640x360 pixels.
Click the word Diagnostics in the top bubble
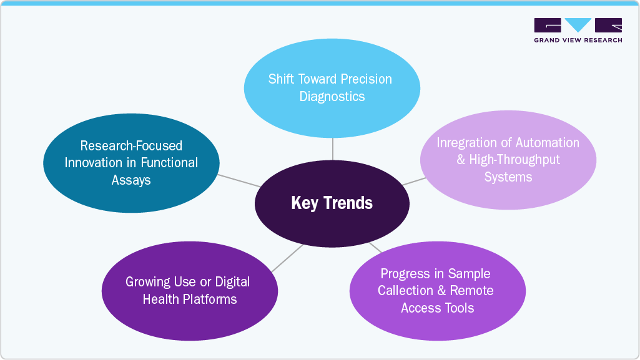(332, 97)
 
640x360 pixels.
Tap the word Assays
(131, 180)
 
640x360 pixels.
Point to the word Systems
(508, 177)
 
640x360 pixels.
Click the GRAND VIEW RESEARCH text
(578, 41)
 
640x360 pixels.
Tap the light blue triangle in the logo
(578, 25)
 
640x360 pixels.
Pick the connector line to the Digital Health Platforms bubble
(287, 258)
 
